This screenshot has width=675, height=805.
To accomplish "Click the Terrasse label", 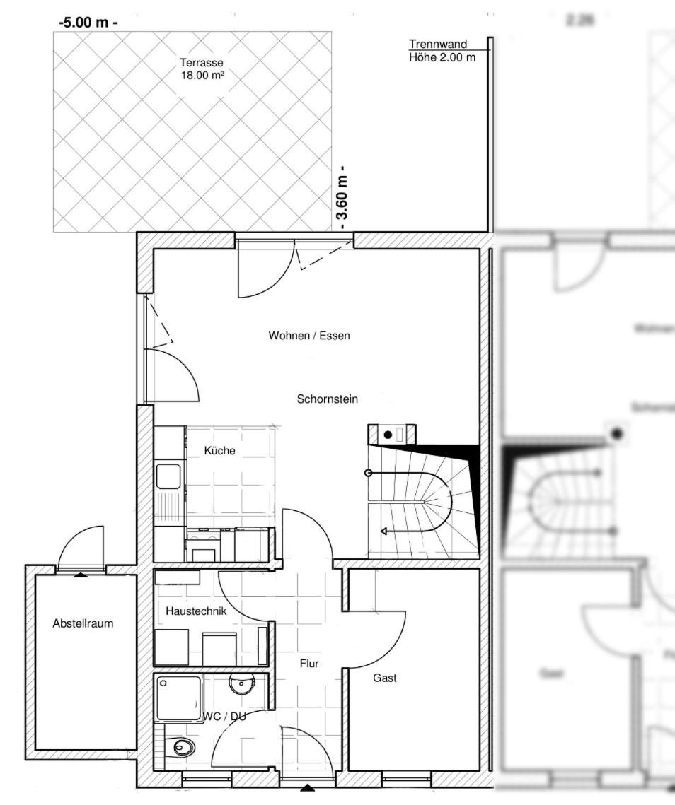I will tap(201, 63).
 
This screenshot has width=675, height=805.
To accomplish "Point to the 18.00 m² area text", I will tap(202, 74).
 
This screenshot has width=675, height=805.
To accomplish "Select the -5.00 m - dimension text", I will tap(88, 23).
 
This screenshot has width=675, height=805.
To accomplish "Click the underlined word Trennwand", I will tap(438, 45).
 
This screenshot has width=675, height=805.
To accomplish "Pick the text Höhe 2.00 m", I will tap(442, 57).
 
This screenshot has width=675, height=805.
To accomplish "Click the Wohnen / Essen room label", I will tap(309, 336).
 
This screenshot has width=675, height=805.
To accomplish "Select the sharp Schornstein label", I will tap(327, 399).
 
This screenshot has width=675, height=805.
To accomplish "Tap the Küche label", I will tap(219, 450).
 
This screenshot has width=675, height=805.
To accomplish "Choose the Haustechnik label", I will tap(196, 611).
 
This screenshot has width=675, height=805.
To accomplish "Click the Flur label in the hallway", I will tap(309, 663).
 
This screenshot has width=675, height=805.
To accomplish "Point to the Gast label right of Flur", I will tap(385, 678).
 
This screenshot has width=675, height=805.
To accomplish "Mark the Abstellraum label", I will tap(83, 623).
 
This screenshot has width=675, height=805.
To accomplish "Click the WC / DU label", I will tap(224, 716).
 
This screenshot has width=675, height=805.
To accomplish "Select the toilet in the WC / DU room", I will tap(183, 746).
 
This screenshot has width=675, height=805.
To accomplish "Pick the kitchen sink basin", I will tap(169, 476).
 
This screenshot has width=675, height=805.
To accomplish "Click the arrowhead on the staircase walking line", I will tap(384, 531).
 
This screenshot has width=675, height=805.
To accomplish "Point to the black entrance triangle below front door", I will tap(307, 787).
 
